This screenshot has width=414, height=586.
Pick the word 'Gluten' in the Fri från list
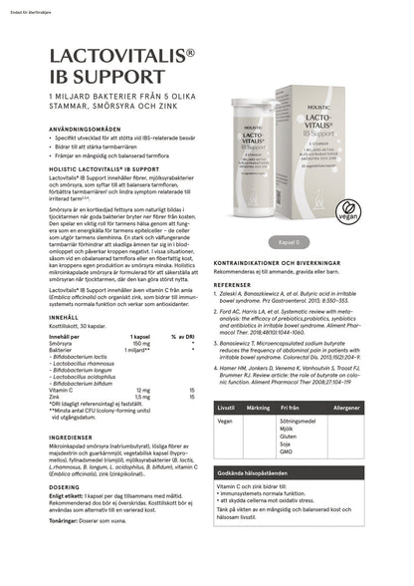point(289,436)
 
